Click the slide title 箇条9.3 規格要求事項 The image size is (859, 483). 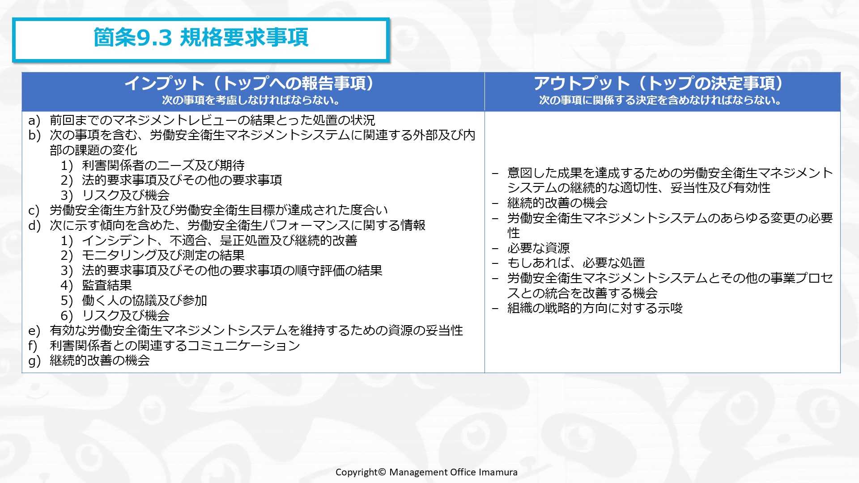(200, 38)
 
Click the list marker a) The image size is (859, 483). (34, 120)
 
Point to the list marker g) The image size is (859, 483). (34, 361)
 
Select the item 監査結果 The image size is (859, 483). (107, 285)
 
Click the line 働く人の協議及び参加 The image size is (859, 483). (144, 301)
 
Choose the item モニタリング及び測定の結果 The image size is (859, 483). (163, 255)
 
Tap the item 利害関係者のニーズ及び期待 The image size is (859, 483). (163, 165)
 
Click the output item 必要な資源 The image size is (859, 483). (538, 248)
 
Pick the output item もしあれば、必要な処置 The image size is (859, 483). (576, 263)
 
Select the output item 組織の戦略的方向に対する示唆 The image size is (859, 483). (595, 308)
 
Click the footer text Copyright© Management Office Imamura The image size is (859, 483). (426, 472)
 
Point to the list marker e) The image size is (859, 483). (34, 331)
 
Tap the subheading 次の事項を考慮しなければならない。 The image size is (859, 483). (251, 100)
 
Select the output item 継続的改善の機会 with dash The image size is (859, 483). (557, 203)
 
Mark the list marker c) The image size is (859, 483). (34, 211)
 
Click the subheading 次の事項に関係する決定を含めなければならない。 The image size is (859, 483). (660, 100)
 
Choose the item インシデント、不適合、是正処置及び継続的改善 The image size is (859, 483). (219, 241)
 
